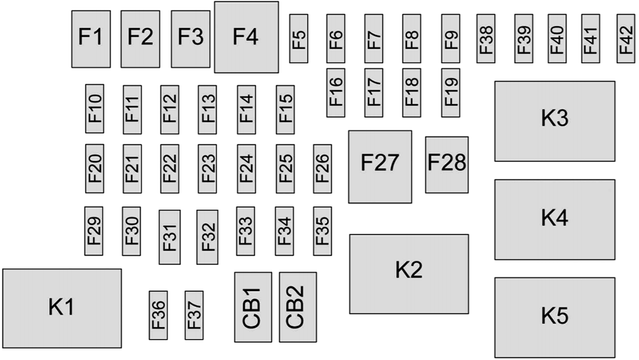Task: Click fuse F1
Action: pos(91,38)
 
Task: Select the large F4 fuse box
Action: pos(246,37)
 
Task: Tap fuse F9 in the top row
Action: pos(450,38)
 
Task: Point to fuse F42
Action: pos(626,38)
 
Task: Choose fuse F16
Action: pos(335,93)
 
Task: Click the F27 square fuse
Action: pos(380,166)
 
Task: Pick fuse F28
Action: pos(447,164)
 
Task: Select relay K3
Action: pos(555,121)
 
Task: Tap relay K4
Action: pos(555,219)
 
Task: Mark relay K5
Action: pos(555,317)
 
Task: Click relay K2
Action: pos(408,274)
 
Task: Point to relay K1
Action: pos(62,308)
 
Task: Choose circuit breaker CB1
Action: pos(252,307)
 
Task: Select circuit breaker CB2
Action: pos(298,307)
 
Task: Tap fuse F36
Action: pos(158,315)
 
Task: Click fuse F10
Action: pos(95,109)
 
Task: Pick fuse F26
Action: pos(322,168)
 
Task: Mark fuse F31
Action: pos(169,237)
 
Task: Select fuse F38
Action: pos(486,38)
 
